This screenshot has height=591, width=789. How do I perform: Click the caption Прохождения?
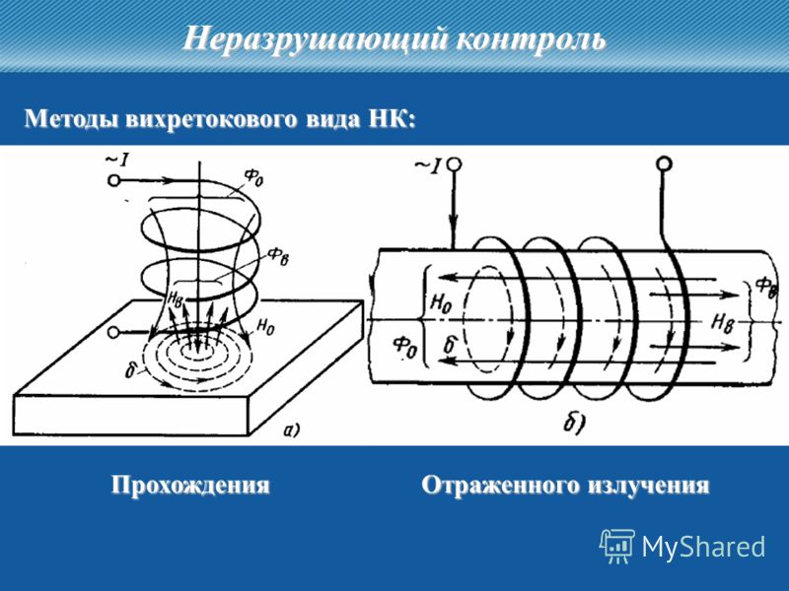[190, 486]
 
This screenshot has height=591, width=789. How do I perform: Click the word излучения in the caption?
[645, 486]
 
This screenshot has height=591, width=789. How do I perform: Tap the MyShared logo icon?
[616, 546]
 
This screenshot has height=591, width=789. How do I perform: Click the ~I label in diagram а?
[117, 160]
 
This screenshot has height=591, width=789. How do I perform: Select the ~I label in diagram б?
[428, 165]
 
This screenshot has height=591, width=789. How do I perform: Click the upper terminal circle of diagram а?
[113, 180]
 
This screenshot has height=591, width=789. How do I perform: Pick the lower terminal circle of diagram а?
[114, 333]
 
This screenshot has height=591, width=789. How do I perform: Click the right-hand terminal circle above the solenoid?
[664, 164]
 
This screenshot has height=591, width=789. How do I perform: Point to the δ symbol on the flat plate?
[131, 370]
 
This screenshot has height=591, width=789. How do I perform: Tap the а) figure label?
[292, 430]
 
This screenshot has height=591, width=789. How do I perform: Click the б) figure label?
[574, 425]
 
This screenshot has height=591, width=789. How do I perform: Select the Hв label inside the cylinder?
[721, 322]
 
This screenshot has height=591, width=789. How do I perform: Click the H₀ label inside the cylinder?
[441, 304]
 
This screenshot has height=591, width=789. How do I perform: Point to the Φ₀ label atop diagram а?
[253, 177]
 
